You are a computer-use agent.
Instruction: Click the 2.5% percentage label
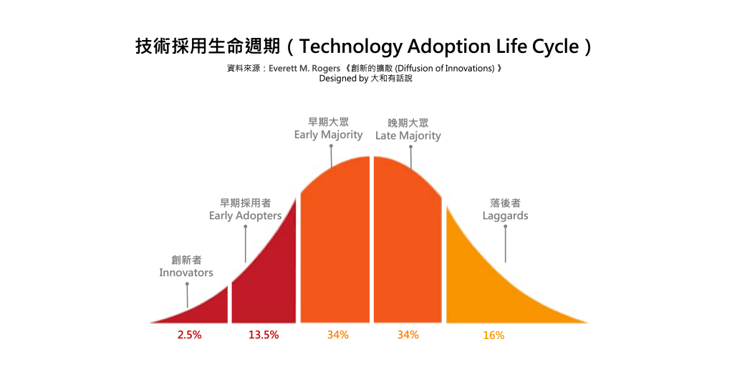pyautogui.click(x=189, y=335)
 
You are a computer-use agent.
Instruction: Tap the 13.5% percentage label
pyautogui.click(x=264, y=335)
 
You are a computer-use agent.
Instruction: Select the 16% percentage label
pyautogui.click(x=493, y=335)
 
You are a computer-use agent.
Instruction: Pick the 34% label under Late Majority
pyautogui.click(x=408, y=335)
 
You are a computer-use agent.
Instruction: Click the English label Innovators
pyautogui.click(x=186, y=273)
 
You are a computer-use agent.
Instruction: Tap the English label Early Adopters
pyautogui.click(x=245, y=215)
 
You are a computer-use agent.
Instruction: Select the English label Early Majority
pyautogui.click(x=328, y=134)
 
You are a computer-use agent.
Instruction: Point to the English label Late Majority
pyautogui.click(x=408, y=135)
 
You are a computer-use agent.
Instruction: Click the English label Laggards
pyautogui.click(x=505, y=215)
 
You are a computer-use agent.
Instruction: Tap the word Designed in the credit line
pyautogui.click(x=337, y=79)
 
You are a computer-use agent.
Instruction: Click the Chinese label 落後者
pyautogui.click(x=505, y=203)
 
